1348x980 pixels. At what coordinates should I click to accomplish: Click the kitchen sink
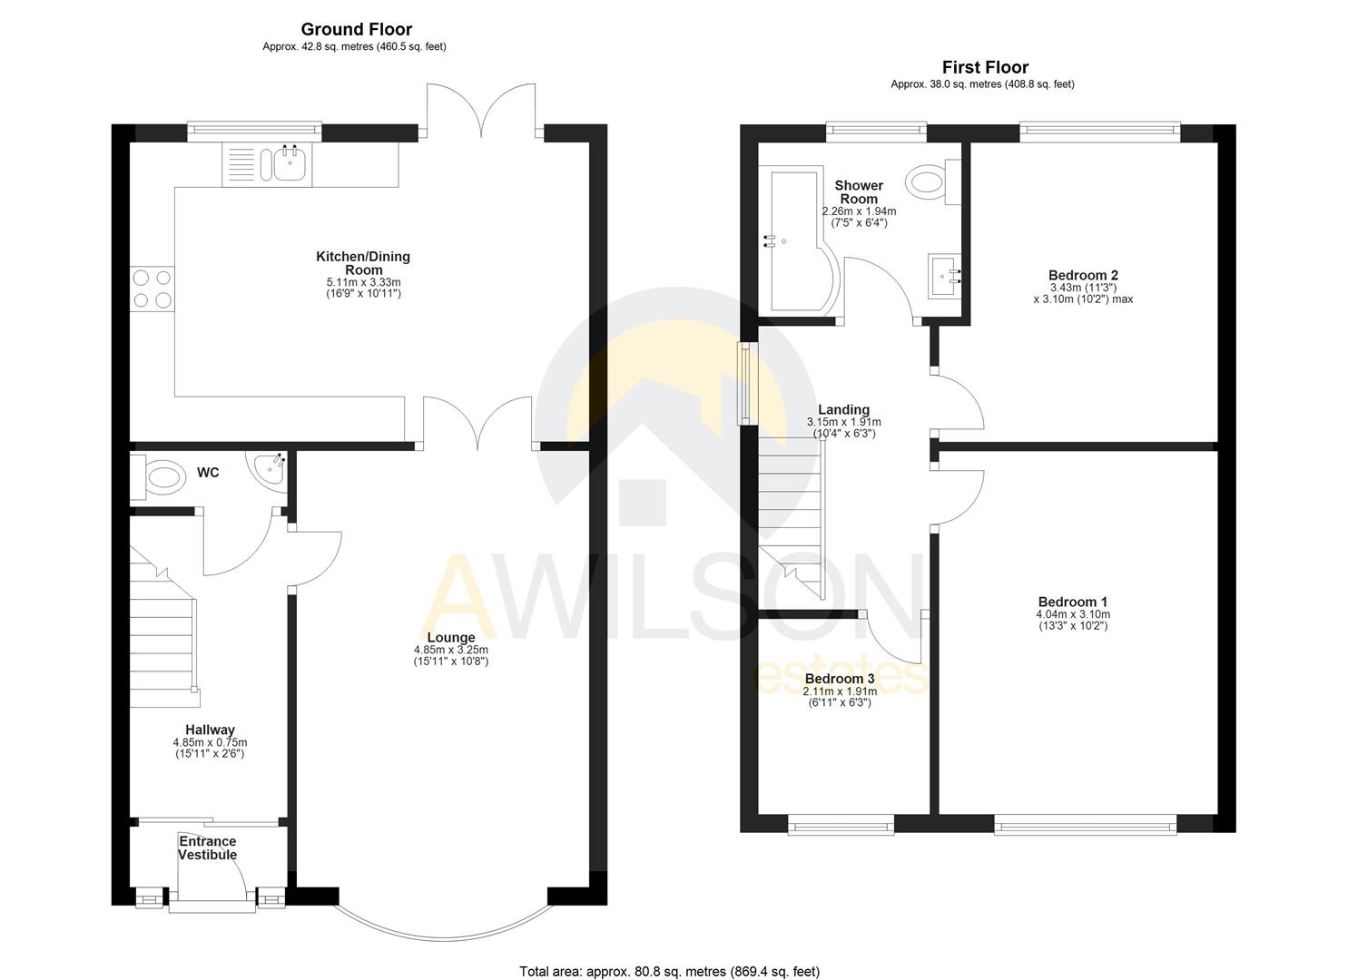tap(289, 163)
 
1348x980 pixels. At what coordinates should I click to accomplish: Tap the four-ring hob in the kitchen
tap(152, 289)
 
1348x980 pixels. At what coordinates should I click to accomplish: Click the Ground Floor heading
tap(356, 30)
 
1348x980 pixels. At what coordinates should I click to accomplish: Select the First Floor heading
tap(985, 67)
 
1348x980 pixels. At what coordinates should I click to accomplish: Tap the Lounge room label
tap(451, 638)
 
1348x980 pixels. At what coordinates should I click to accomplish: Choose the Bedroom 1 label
tap(1073, 602)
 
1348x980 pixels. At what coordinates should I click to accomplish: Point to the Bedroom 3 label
tap(840, 679)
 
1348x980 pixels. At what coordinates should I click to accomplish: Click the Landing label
tap(843, 409)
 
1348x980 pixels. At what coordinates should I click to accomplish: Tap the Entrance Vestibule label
tap(207, 848)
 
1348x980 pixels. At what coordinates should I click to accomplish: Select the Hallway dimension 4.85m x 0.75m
tap(210, 742)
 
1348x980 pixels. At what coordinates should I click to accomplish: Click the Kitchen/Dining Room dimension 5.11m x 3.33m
tap(363, 282)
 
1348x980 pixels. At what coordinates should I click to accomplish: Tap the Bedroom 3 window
tap(841, 825)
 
